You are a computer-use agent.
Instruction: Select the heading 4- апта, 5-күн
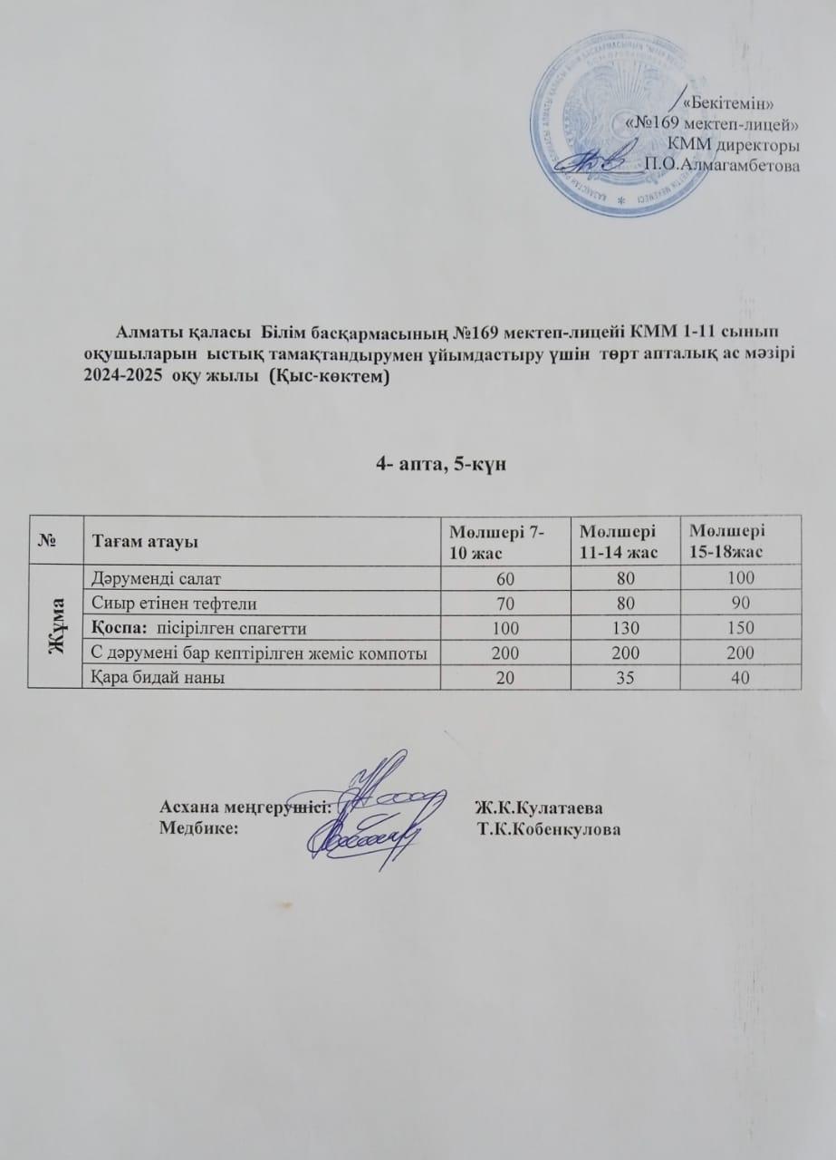tap(439, 464)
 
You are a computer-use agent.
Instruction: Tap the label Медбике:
tap(198, 827)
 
